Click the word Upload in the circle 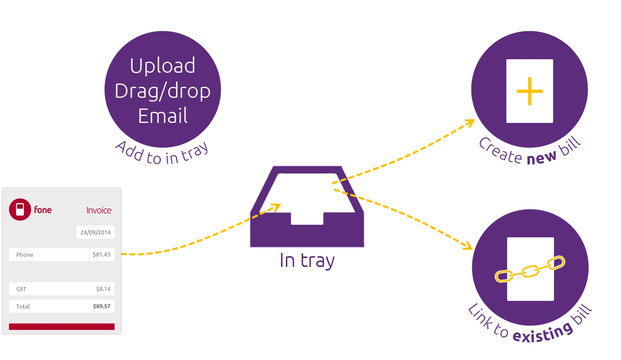click(x=162, y=66)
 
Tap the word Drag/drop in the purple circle click(x=162, y=91)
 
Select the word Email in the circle click(x=163, y=116)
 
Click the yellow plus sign click(x=529, y=91)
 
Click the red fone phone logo click(x=20, y=209)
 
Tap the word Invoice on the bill click(x=99, y=210)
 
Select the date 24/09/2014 click(x=96, y=232)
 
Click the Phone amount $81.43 click(x=101, y=254)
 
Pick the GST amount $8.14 click(x=103, y=289)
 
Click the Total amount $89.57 click(x=101, y=306)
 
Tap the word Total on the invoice click(x=23, y=306)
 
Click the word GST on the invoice click(x=21, y=289)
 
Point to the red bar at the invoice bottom click(x=62, y=327)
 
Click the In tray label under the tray click(x=307, y=261)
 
